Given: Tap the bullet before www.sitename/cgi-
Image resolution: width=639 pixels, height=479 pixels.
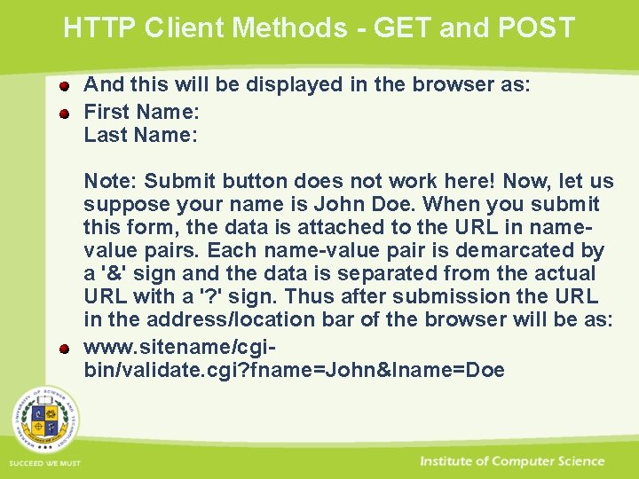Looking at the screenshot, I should (65, 347).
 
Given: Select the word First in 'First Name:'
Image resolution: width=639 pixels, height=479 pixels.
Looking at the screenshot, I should (104, 112).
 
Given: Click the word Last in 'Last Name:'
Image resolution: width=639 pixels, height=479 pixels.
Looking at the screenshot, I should (104, 135).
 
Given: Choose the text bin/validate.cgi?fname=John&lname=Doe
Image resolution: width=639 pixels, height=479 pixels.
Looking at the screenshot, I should (294, 369).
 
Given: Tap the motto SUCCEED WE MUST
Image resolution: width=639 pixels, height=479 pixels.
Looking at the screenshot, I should (44, 464).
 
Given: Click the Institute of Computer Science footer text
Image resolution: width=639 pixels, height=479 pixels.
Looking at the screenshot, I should (512, 461).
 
